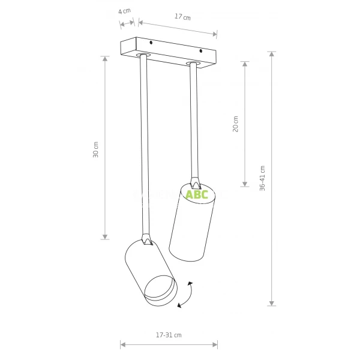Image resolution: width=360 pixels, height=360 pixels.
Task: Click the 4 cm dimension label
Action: point(124,11)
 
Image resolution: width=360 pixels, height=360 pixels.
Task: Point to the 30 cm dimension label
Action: point(96,149)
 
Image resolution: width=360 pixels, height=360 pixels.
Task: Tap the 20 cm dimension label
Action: point(236,125)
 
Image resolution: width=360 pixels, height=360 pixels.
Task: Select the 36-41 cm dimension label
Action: point(263,178)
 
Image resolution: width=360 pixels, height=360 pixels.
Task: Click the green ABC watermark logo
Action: point(196,194)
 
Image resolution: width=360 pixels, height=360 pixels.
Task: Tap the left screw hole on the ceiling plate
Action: point(152,43)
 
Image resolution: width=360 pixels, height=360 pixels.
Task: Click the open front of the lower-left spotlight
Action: point(159,290)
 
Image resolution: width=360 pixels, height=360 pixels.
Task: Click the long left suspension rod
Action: point(144,144)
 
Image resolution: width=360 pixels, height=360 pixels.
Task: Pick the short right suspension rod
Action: point(194,120)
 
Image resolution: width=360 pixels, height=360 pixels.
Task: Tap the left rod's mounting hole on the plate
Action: point(143,55)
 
